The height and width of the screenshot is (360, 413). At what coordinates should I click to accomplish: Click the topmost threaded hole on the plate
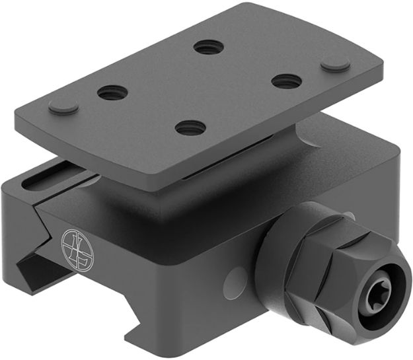(208, 47)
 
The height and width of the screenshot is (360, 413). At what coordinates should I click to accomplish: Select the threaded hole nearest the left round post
(112, 93)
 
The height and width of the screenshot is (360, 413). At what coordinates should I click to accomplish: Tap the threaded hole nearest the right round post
(286, 81)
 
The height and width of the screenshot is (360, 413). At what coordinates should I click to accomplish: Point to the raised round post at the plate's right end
(335, 64)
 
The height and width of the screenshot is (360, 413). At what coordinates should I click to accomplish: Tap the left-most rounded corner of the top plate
(19, 121)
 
